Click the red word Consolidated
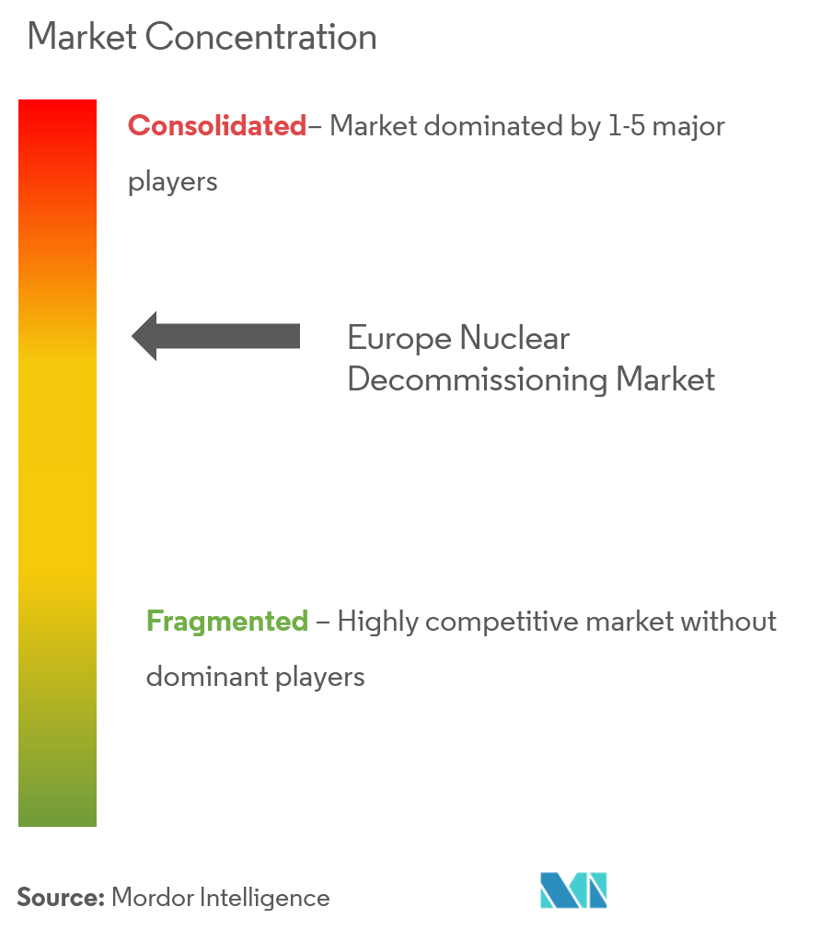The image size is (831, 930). (x=217, y=126)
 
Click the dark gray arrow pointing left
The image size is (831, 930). (x=215, y=336)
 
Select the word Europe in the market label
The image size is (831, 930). (x=399, y=339)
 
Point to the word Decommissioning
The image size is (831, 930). (x=478, y=380)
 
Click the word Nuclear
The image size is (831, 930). (x=514, y=338)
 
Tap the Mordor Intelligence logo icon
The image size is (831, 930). (x=573, y=889)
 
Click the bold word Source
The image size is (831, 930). (x=61, y=898)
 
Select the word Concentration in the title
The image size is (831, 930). (x=260, y=37)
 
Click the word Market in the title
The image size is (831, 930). (x=83, y=37)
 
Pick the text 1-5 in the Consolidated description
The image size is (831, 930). (x=627, y=126)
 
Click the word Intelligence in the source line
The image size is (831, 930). (x=265, y=899)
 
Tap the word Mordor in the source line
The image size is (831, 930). (x=153, y=898)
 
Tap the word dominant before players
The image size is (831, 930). (x=207, y=677)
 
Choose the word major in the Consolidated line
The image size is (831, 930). (x=688, y=127)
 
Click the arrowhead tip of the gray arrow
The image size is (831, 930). (x=133, y=336)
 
